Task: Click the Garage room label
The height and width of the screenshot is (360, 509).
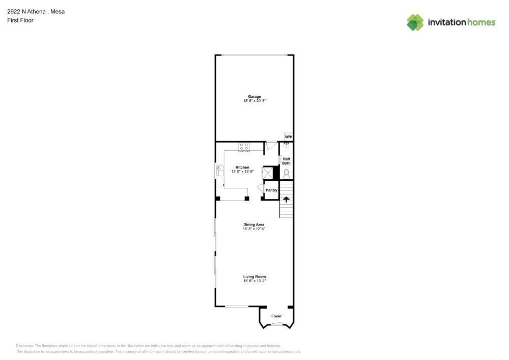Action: (x=254, y=96)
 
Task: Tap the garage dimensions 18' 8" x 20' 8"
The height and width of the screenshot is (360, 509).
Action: (x=254, y=101)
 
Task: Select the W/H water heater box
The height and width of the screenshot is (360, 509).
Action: (x=289, y=137)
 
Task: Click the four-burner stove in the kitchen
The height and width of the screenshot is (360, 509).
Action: (x=244, y=147)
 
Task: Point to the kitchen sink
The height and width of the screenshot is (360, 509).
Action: (x=220, y=171)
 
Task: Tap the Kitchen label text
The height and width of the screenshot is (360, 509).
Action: (x=242, y=168)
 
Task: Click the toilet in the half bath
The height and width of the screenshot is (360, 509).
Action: (x=286, y=174)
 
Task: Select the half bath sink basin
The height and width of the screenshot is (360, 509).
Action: (x=287, y=145)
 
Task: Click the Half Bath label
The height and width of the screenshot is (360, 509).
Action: (x=287, y=161)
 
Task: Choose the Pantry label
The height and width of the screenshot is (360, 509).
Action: (x=271, y=190)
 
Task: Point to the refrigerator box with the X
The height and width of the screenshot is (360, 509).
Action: (x=267, y=173)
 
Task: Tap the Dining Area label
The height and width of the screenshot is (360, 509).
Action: (x=254, y=225)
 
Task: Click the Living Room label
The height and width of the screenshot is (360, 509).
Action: (x=254, y=276)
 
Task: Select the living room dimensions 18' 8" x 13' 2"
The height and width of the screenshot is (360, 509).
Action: (x=254, y=281)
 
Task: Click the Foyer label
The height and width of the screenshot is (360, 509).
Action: (x=276, y=316)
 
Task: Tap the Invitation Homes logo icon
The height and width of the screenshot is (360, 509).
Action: (x=415, y=22)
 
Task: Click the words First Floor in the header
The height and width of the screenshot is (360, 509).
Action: (x=20, y=20)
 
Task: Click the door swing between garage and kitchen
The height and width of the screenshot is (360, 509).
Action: (x=271, y=146)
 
